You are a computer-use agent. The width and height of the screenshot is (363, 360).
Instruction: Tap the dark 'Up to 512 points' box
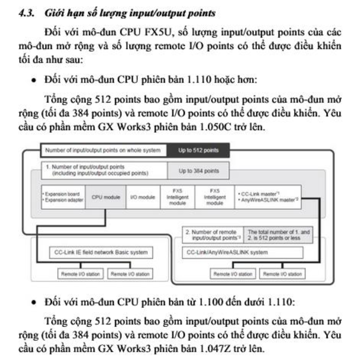click(198, 151)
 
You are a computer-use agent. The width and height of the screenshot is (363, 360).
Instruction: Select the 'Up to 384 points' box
click(199, 170)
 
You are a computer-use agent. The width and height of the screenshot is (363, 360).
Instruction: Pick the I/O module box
click(143, 197)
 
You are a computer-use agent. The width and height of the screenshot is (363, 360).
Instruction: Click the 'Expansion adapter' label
click(62, 200)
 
